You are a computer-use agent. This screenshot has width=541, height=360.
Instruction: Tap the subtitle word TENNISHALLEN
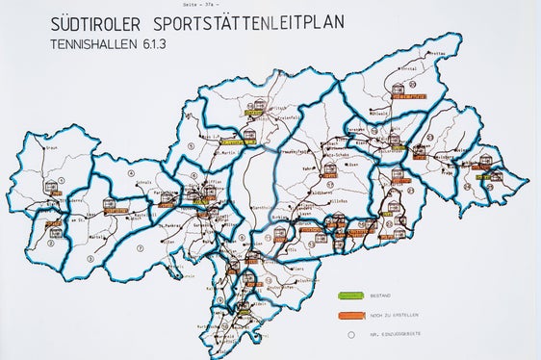(95, 43)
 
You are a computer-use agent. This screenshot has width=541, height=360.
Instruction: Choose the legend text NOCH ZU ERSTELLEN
(417, 316)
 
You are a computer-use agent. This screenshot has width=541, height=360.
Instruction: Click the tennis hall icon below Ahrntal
(398, 90)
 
